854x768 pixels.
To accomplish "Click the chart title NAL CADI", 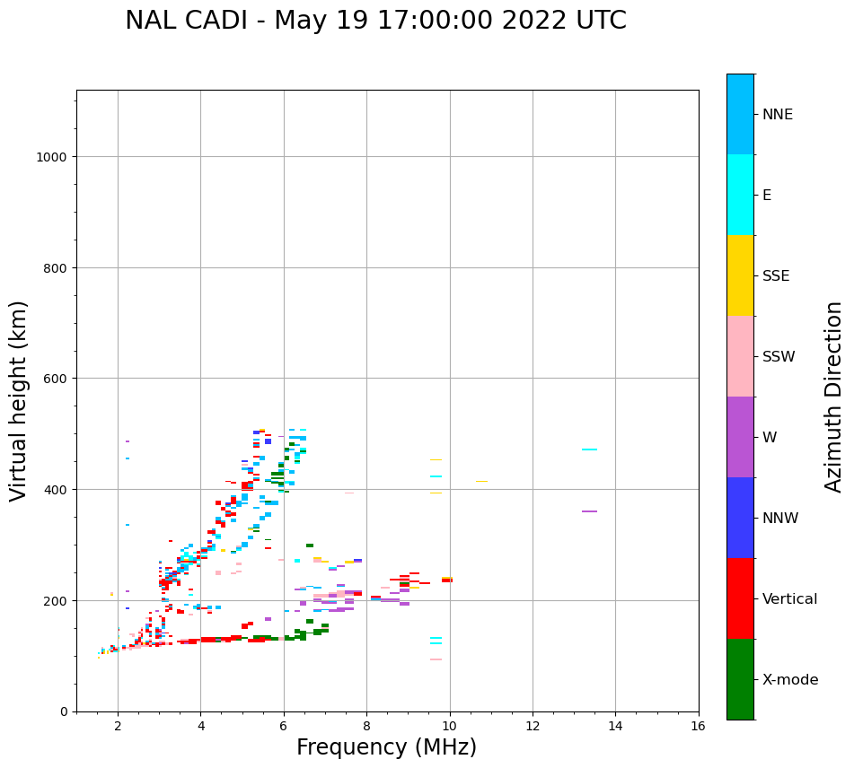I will point(375,21).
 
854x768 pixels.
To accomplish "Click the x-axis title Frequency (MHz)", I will point(386,747).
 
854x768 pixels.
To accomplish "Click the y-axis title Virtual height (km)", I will point(19,400).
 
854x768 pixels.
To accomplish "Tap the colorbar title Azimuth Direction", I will point(834,397).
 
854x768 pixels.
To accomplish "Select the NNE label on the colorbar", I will point(778,114).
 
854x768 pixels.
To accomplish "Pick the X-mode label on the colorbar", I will point(790,679).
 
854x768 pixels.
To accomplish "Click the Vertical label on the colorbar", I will point(789,598).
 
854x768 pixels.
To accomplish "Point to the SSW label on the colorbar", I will point(779,356).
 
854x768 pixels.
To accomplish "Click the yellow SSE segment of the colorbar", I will point(740,275).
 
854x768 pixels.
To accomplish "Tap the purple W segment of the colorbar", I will point(740,437).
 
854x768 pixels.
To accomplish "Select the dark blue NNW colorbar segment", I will point(740,518).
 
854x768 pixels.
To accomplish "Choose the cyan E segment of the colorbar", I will point(740,195).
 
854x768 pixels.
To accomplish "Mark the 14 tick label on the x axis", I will point(615,727).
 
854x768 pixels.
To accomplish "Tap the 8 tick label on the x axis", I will point(366,727).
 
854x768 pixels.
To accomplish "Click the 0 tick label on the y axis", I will point(64,711).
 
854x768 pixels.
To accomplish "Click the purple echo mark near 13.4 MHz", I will point(589,511).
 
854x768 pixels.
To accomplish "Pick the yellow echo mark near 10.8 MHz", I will point(481,482).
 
